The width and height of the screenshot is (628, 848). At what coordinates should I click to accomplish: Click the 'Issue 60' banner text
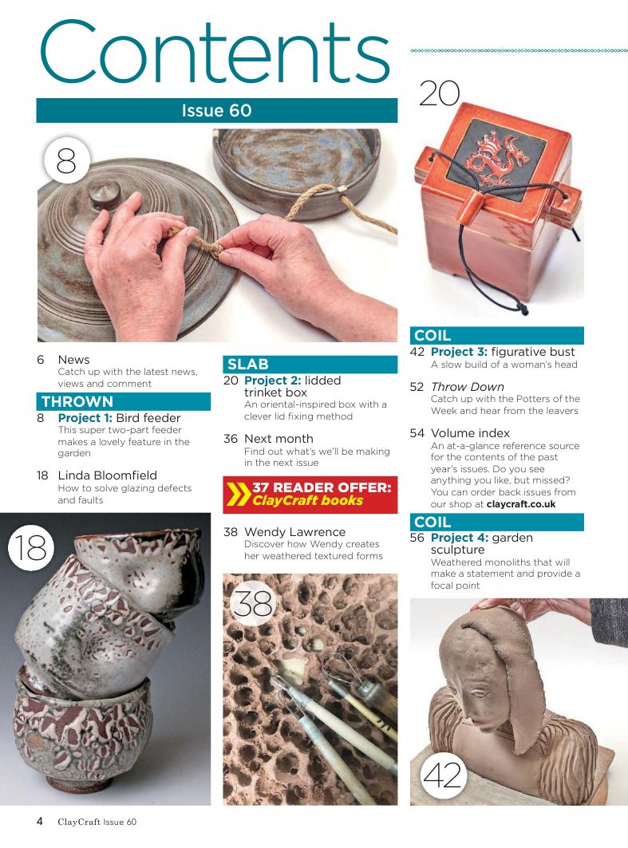[x=216, y=110]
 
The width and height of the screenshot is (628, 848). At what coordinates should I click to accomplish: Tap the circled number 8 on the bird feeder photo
[x=66, y=160]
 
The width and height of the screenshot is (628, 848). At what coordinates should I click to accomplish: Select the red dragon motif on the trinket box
[x=497, y=157]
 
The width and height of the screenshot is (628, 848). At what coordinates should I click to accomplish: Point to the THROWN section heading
[x=77, y=402]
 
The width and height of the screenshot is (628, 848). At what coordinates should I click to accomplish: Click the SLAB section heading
[x=247, y=364]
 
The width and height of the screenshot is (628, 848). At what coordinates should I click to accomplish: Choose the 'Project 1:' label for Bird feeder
[x=85, y=418]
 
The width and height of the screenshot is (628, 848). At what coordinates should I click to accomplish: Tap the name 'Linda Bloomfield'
[x=108, y=475]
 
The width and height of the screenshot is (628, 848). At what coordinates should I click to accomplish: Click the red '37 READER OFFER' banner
[x=310, y=495]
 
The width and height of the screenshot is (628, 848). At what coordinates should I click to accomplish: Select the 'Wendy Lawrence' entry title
[x=294, y=531]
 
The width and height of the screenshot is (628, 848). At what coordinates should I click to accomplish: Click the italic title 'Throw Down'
[x=468, y=387]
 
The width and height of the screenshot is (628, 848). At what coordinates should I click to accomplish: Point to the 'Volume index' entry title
[x=470, y=433]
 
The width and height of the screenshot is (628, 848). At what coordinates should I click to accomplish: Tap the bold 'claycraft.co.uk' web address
[x=521, y=504]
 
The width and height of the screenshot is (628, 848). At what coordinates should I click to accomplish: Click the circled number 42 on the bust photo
[x=443, y=775]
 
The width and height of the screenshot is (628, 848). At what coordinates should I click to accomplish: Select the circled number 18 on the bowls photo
[x=31, y=548]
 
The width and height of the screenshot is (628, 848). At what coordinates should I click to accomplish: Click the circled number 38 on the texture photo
[x=252, y=603]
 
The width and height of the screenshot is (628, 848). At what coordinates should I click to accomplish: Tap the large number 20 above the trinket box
[x=439, y=93]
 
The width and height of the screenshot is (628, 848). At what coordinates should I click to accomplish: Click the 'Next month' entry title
[x=278, y=439]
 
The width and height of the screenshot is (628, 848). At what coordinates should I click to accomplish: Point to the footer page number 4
[x=39, y=822]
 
